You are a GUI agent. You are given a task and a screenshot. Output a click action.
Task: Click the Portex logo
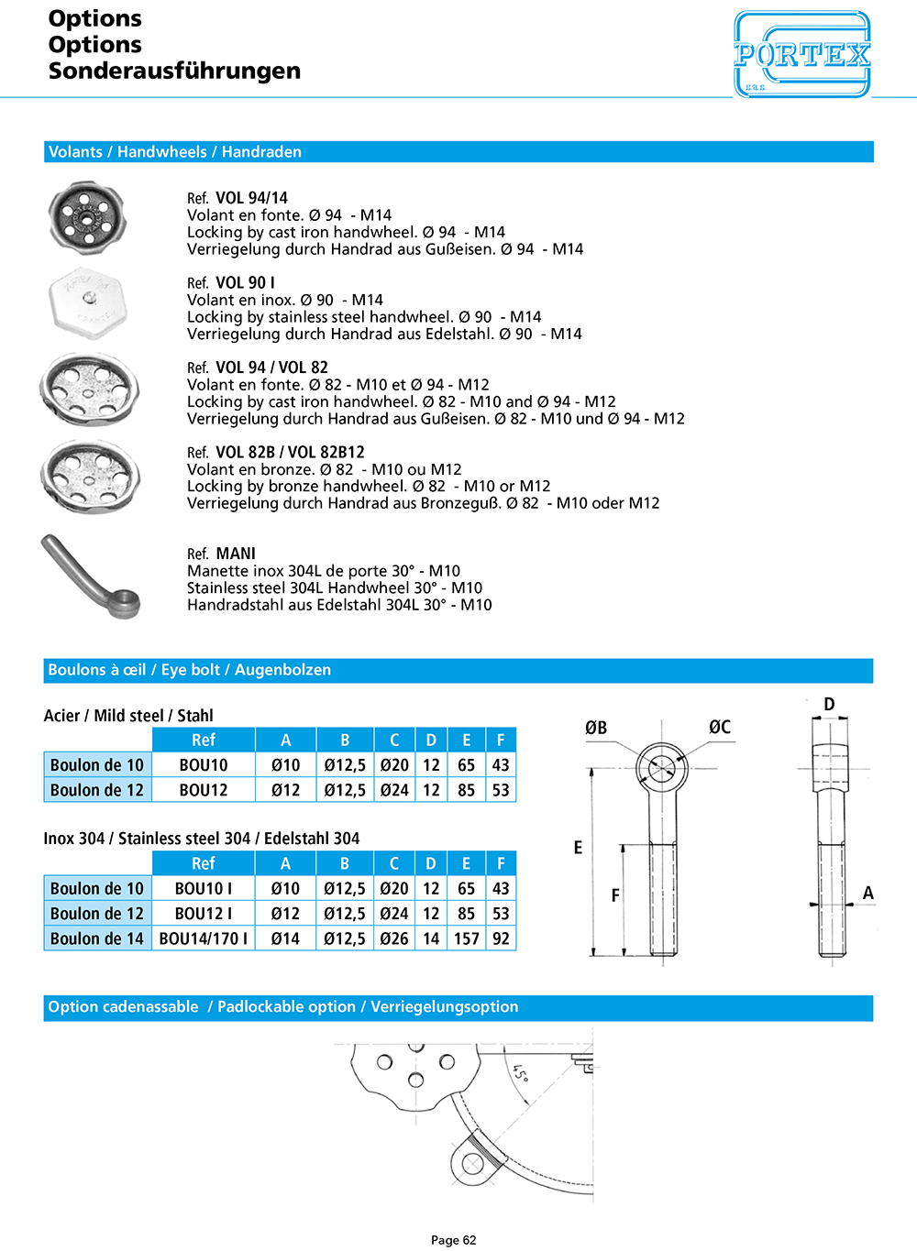[801, 54]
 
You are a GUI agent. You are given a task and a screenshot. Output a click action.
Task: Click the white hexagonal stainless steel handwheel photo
[90, 303]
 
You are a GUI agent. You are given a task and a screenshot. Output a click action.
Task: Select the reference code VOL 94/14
[251, 198]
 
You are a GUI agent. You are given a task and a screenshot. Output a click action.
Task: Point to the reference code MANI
[236, 554]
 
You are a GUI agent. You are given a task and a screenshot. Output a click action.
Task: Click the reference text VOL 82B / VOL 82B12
[290, 452]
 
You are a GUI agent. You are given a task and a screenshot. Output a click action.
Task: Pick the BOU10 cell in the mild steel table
[204, 765]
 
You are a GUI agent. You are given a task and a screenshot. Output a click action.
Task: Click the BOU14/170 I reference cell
[204, 938]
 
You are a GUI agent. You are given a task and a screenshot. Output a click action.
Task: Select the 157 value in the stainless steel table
[467, 938]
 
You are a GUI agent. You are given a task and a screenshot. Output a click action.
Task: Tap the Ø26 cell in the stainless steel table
[394, 938]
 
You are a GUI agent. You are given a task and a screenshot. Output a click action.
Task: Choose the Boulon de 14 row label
[97, 938]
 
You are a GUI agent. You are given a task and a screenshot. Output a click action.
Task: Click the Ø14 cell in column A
[285, 938]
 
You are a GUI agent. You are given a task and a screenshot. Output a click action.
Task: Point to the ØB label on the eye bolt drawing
[596, 728]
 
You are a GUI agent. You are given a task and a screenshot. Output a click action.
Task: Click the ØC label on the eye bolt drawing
[720, 727]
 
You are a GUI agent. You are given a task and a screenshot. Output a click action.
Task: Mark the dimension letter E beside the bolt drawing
[578, 848]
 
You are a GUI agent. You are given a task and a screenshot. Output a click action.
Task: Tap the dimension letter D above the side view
[829, 704]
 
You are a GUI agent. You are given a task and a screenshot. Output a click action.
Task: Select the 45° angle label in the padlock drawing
[521, 1072]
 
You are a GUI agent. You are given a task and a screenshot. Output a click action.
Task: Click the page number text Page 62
[454, 1240]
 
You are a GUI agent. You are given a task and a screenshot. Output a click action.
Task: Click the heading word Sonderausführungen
[174, 71]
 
